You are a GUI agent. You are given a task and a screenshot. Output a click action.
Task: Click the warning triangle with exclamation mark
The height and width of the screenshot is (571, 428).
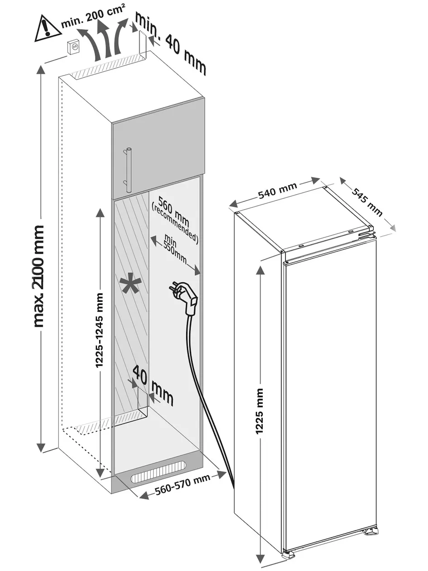48,29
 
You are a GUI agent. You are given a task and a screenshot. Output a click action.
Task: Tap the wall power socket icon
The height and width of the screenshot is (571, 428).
73,47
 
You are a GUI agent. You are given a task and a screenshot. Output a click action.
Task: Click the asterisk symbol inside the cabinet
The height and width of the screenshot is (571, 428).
131,283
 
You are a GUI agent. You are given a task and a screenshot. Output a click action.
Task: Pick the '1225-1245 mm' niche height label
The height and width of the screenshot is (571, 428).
100,330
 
